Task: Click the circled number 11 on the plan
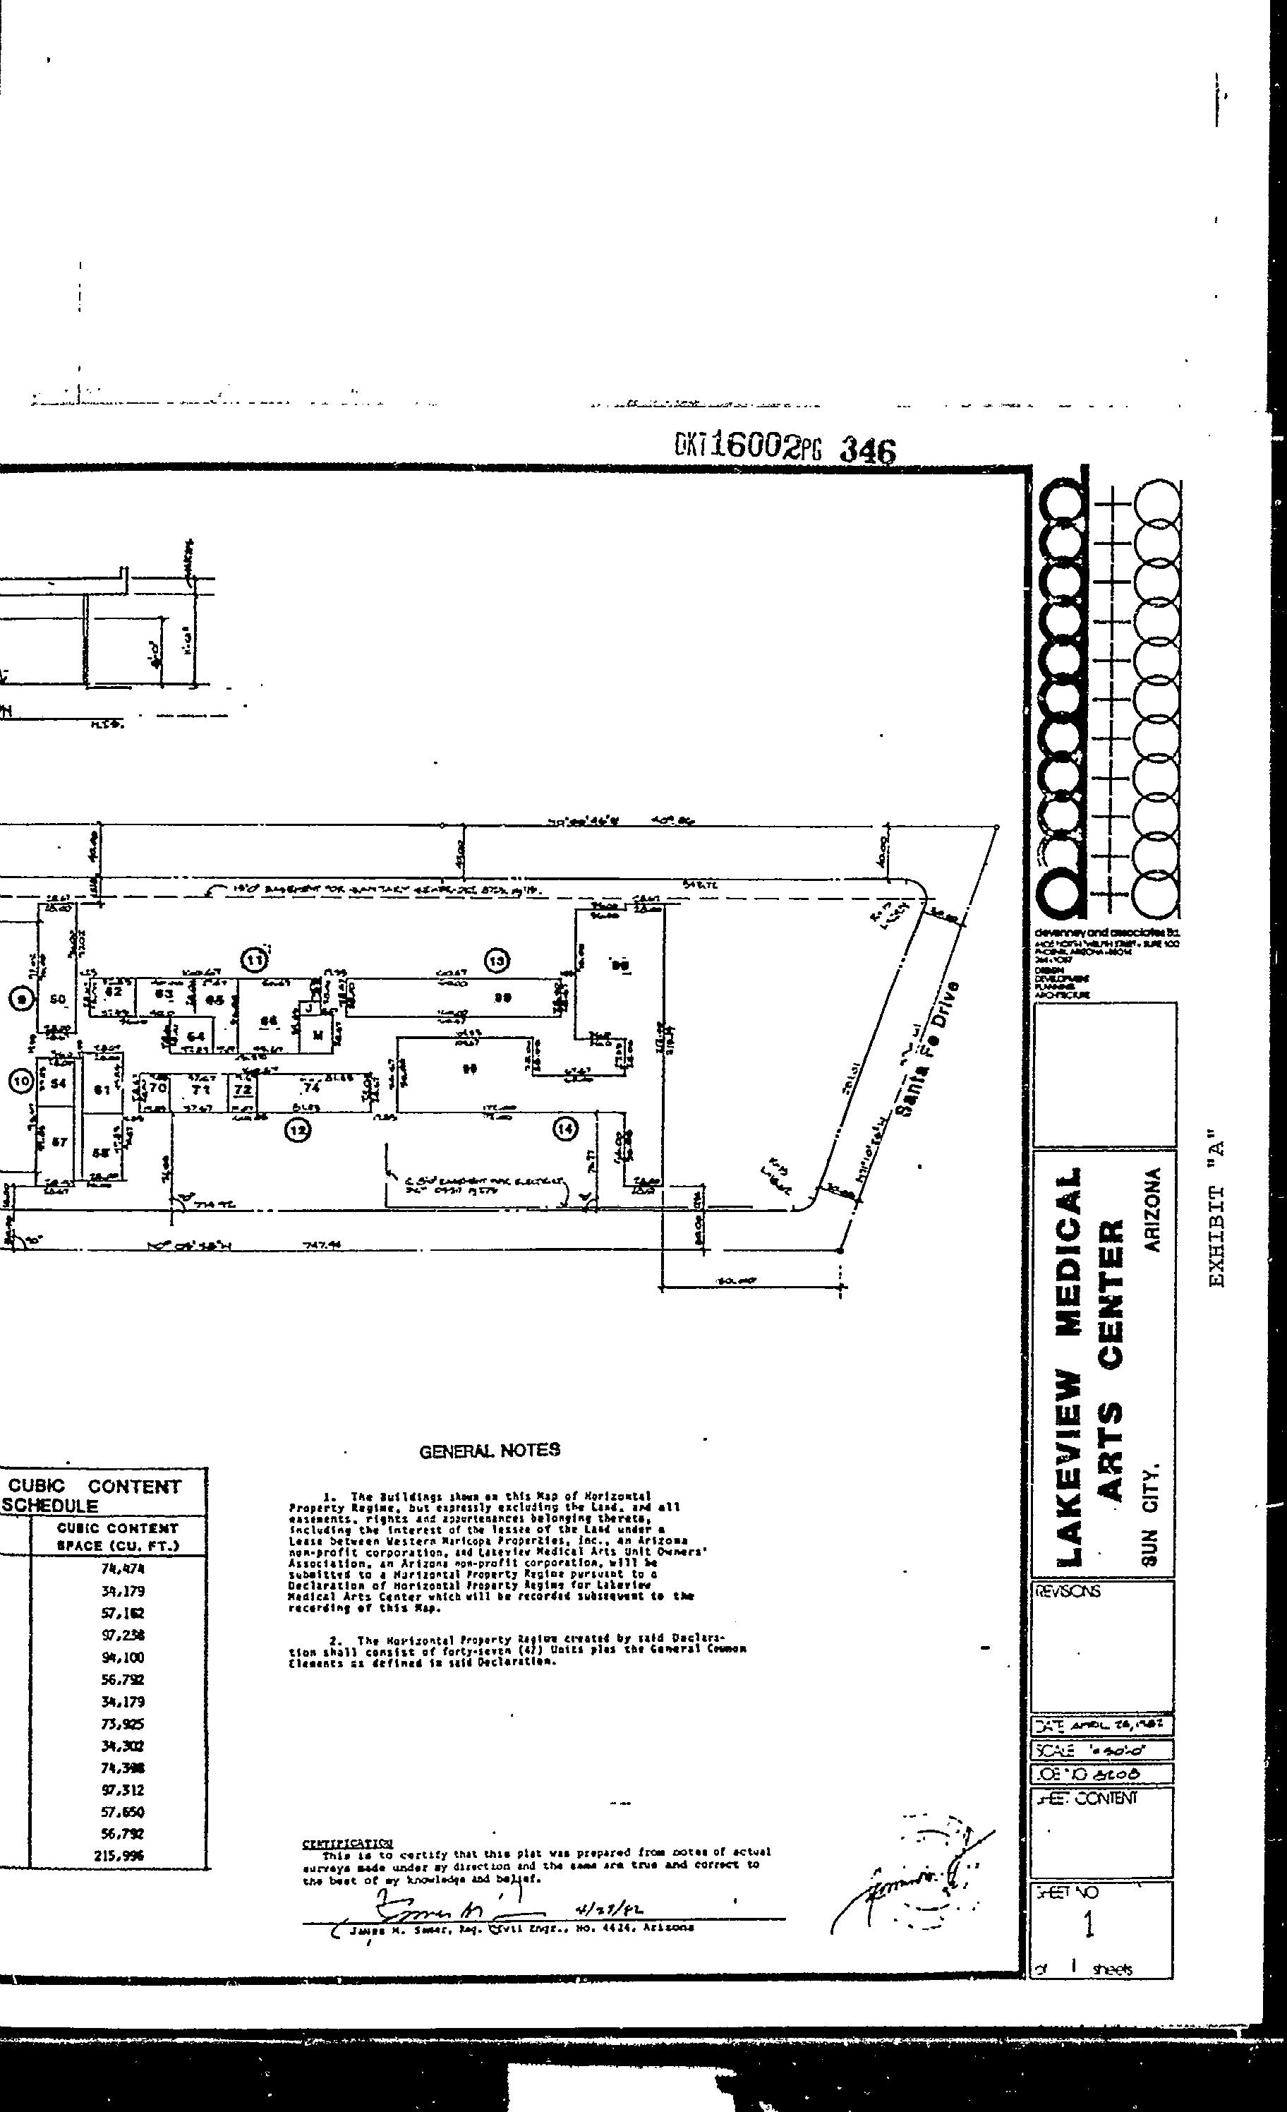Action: click(x=255, y=961)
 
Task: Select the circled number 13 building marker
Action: click(x=497, y=961)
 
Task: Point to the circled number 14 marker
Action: click(x=565, y=1129)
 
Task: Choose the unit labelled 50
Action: click(x=59, y=1000)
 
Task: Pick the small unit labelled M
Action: click(x=317, y=1036)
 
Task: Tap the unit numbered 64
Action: click(x=196, y=1036)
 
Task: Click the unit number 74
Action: click(x=311, y=1087)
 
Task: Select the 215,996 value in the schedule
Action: click(x=121, y=1856)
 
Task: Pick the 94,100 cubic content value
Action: click(x=121, y=1657)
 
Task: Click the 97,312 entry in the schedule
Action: click(x=121, y=1789)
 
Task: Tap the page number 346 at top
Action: click(x=867, y=450)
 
